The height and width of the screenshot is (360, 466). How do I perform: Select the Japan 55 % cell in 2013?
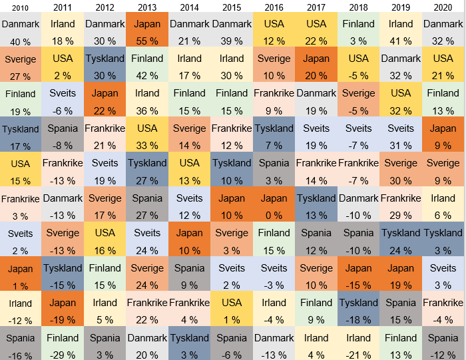click(x=147, y=30)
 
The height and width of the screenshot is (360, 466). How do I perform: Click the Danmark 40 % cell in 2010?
click(x=21, y=30)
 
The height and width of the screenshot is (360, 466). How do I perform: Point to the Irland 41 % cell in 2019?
click(x=401, y=30)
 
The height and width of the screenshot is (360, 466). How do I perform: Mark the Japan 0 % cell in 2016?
click(x=274, y=204)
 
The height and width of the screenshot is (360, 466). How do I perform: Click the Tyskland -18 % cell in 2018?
click(x=358, y=309)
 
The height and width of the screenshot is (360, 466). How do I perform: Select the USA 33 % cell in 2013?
click(x=147, y=134)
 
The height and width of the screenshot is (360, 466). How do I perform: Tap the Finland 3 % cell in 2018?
click(x=358, y=30)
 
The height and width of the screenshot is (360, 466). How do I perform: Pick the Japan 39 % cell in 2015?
click(x=232, y=204)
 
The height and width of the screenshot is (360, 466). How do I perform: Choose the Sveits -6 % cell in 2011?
click(x=63, y=100)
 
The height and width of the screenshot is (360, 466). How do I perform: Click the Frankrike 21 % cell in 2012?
click(x=105, y=134)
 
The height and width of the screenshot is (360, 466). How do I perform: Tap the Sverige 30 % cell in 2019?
click(x=401, y=169)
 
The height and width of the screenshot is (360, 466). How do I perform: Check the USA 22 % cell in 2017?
click(x=316, y=30)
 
